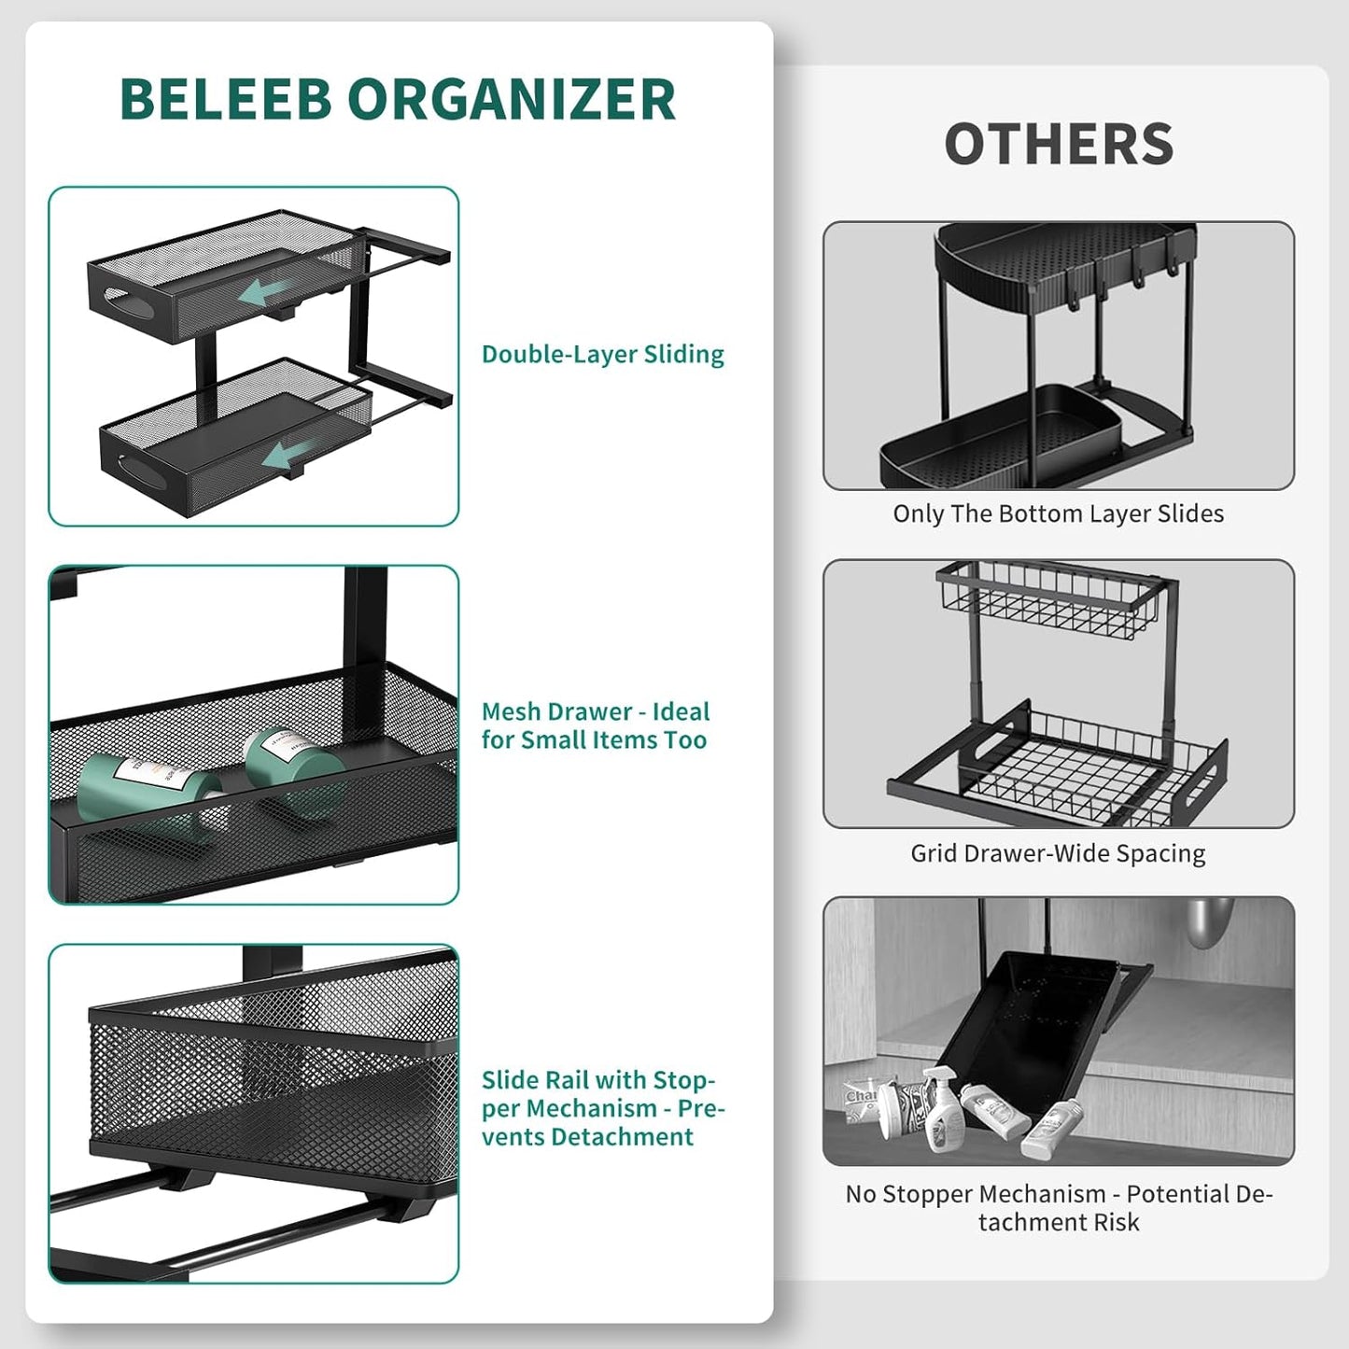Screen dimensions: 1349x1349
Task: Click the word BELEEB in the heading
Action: (x=226, y=99)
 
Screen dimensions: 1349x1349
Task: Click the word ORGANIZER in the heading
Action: (x=512, y=99)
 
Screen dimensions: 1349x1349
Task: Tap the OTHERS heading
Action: (x=1059, y=145)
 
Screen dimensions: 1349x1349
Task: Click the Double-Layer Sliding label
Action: (x=602, y=355)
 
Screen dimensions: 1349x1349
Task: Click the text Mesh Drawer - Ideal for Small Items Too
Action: (x=595, y=725)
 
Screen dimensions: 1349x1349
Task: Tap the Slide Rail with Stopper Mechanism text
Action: (x=602, y=1108)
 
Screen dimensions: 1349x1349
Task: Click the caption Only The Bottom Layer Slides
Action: (x=1058, y=513)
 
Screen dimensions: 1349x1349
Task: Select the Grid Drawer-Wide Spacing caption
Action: (x=1058, y=853)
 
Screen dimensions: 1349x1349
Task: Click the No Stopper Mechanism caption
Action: (x=1059, y=1207)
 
